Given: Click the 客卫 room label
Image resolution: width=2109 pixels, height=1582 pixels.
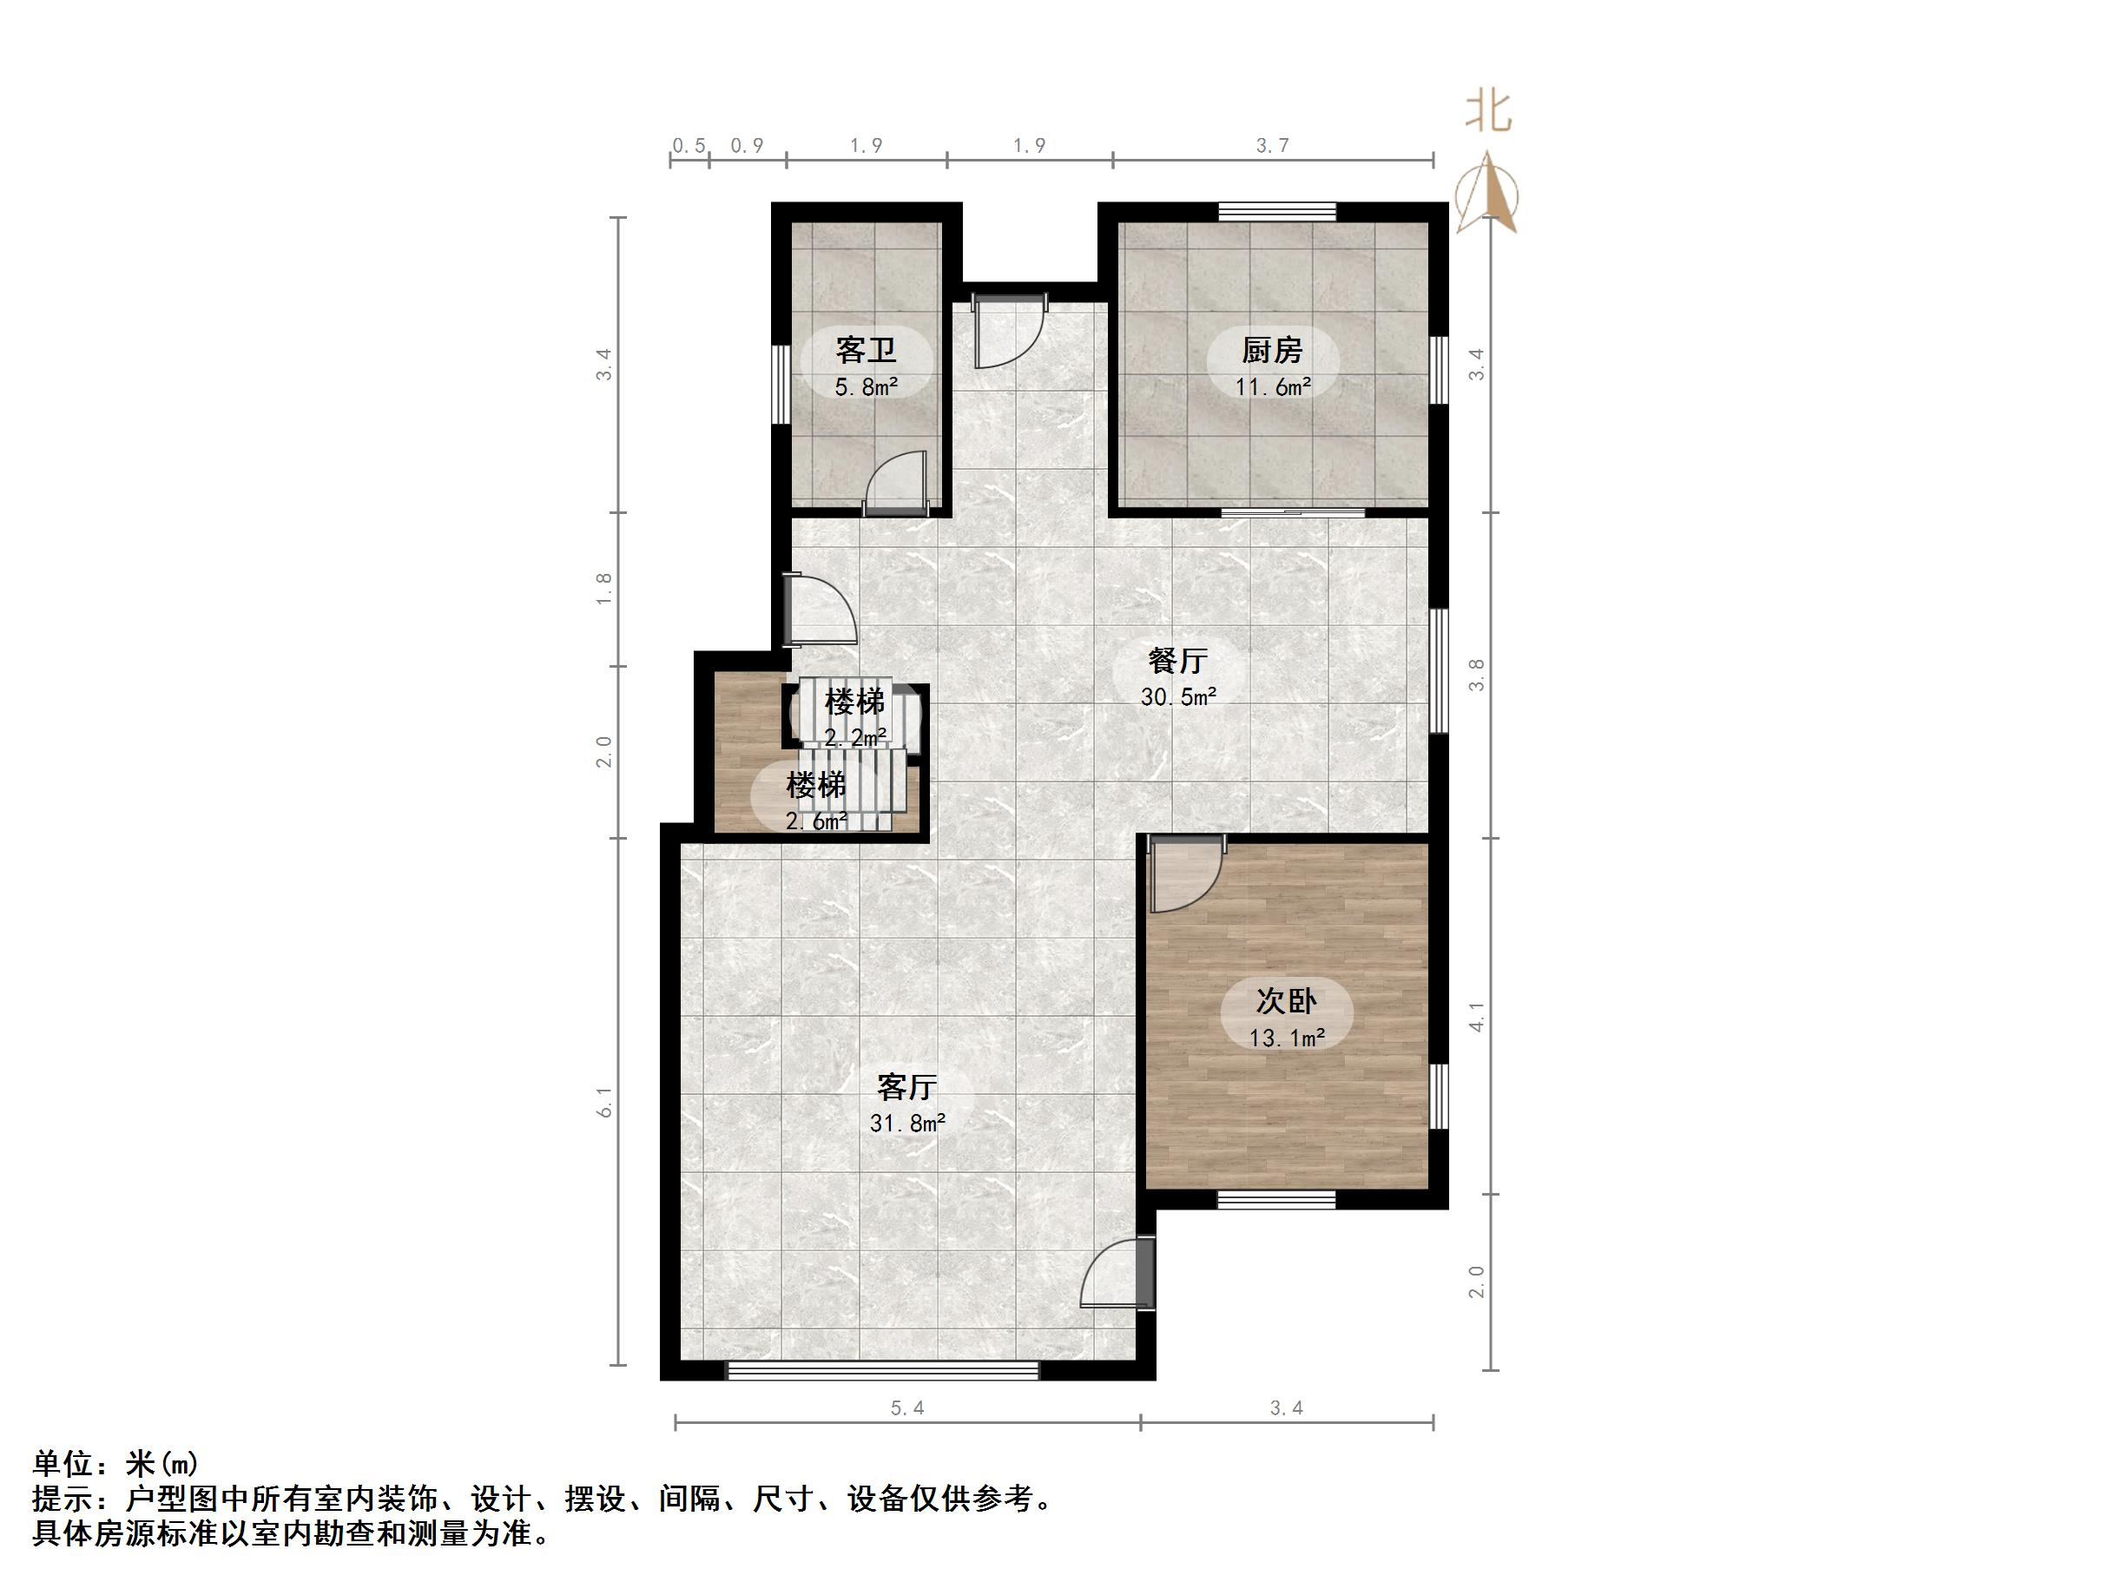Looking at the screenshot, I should pos(866,350).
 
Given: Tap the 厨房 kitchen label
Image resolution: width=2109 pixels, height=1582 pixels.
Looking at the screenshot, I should pos(1272,350).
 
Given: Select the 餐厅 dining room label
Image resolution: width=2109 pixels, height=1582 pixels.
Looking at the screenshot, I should pos(1177,660).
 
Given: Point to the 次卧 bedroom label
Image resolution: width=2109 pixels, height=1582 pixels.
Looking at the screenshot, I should pos(1286,1000).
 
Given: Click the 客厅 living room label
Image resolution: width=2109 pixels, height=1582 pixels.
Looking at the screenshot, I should pos(906,1086).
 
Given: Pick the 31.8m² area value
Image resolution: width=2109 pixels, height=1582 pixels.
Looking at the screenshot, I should pos(906,1124).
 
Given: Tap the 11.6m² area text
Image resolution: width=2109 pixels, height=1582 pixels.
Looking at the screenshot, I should pos(1272,387).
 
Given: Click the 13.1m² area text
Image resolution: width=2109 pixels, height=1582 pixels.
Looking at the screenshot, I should pos(1286,1038).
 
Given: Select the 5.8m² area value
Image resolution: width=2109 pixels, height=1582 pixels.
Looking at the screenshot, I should pos(866,387).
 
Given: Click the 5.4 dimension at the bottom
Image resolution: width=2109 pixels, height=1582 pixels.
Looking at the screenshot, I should pos(906,1408).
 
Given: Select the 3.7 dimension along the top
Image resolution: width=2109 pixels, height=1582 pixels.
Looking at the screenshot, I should pos(1272,145).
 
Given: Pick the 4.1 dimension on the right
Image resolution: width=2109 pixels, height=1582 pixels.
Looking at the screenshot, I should pos(1476,1017).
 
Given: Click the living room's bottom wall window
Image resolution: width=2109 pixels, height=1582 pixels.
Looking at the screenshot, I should pos(882,1370).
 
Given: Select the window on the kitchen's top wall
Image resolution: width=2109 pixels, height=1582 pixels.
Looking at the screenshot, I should pos(1276,211).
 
